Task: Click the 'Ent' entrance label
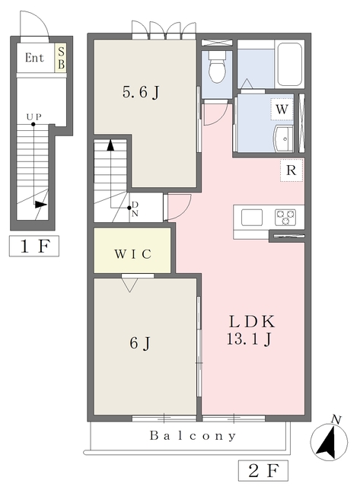(x=34, y=58)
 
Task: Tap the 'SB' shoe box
(x=60, y=58)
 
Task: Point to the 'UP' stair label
(x=33, y=116)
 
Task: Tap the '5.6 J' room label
(x=142, y=94)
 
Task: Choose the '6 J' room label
(x=141, y=343)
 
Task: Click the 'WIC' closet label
(x=132, y=253)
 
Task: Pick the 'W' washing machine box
(x=282, y=110)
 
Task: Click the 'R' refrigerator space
(x=291, y=171)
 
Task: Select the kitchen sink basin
(x=252, y=217)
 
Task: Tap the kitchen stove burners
(x=286, y=217)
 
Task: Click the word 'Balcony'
(x=193, y=437)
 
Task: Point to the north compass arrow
(x=329, y=441)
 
